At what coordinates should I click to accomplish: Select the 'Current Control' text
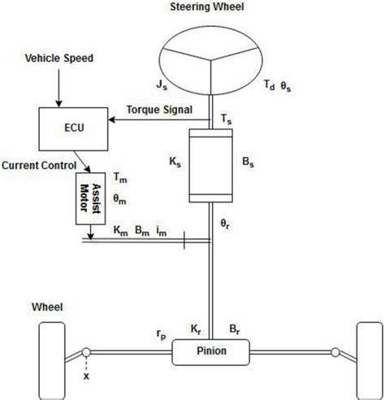click(38, 165)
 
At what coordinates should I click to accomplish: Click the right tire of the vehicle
click(366, 354)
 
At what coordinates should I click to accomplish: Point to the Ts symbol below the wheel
click(225, 119)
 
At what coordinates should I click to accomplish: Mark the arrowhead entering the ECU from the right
click(110, 120)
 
